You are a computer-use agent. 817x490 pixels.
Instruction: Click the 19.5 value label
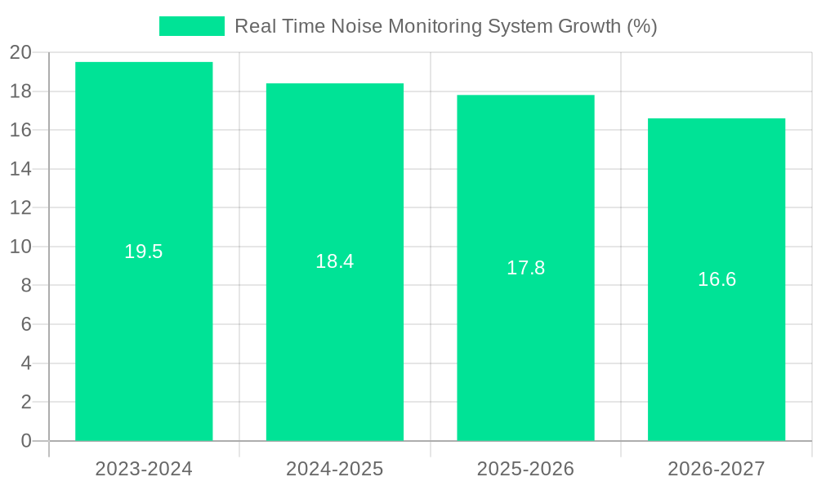[x=144, y=252]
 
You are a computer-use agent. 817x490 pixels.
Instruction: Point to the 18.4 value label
[x=335, y=261]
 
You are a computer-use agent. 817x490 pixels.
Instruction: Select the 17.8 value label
[x=525, y=268]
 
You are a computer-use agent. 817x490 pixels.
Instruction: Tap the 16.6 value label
[x=717, y=279]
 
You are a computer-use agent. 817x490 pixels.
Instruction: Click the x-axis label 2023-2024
[x=144, y=469]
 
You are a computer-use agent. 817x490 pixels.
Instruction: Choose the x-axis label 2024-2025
[x=335, y=469]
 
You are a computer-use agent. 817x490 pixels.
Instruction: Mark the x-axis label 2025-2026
[x=525, y=469]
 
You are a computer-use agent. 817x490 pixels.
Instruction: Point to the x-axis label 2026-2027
[x=717, y=469]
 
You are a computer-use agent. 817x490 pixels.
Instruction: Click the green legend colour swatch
[x=192, y=26]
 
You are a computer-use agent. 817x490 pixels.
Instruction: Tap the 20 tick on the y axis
[x=20, y=53]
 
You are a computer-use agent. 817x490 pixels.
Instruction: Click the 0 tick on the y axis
[x=26, y=441]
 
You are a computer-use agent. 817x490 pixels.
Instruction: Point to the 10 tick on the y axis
[x=20, y=247]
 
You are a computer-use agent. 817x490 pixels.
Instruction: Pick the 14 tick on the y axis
[x=20, y=169]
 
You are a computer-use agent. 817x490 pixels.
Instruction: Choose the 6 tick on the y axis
[x=26, y=324]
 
